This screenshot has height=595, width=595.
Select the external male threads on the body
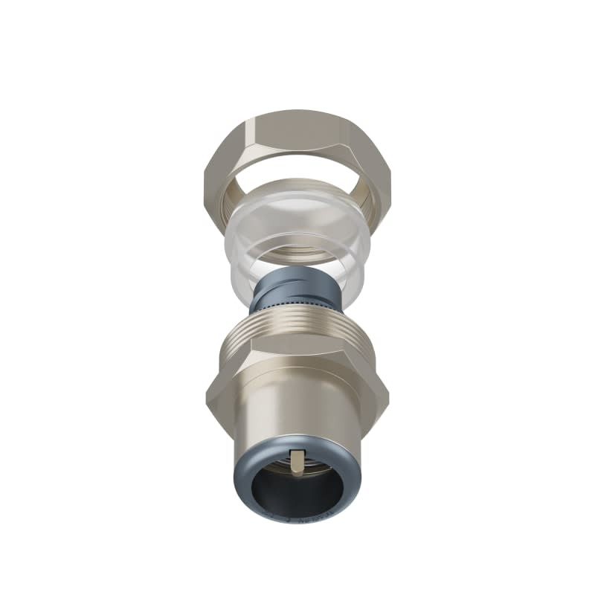tap(297, 331)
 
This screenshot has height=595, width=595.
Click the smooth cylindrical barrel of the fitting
tap(297, 409)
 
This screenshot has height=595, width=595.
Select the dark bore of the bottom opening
tap(297, 495)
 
